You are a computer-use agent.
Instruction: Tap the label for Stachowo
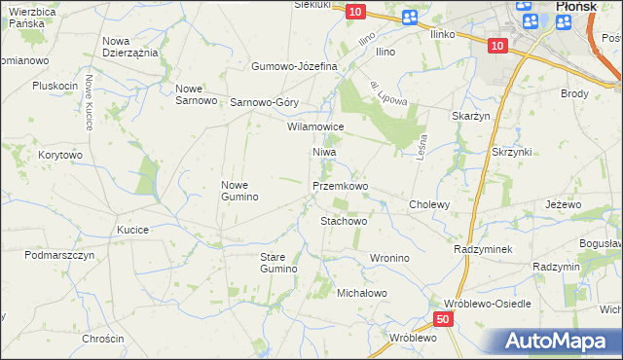point(344,221)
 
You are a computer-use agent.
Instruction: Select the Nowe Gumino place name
point(239,191)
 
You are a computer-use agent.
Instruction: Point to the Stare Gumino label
point(277,262)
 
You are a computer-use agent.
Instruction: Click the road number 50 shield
point(443,319)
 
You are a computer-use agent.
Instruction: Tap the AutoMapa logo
point(561,342)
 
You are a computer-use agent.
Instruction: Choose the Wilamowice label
point(315,126)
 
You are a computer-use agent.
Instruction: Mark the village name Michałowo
point(362,293)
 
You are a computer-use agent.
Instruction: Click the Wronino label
point(388,258)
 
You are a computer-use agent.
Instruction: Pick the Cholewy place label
point(429,204)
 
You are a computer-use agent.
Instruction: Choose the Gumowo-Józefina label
point(294,66)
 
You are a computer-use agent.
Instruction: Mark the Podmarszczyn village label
point(59,254)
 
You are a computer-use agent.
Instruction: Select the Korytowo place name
point(60,155)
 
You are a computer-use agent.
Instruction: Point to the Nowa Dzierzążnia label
point(129,47)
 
